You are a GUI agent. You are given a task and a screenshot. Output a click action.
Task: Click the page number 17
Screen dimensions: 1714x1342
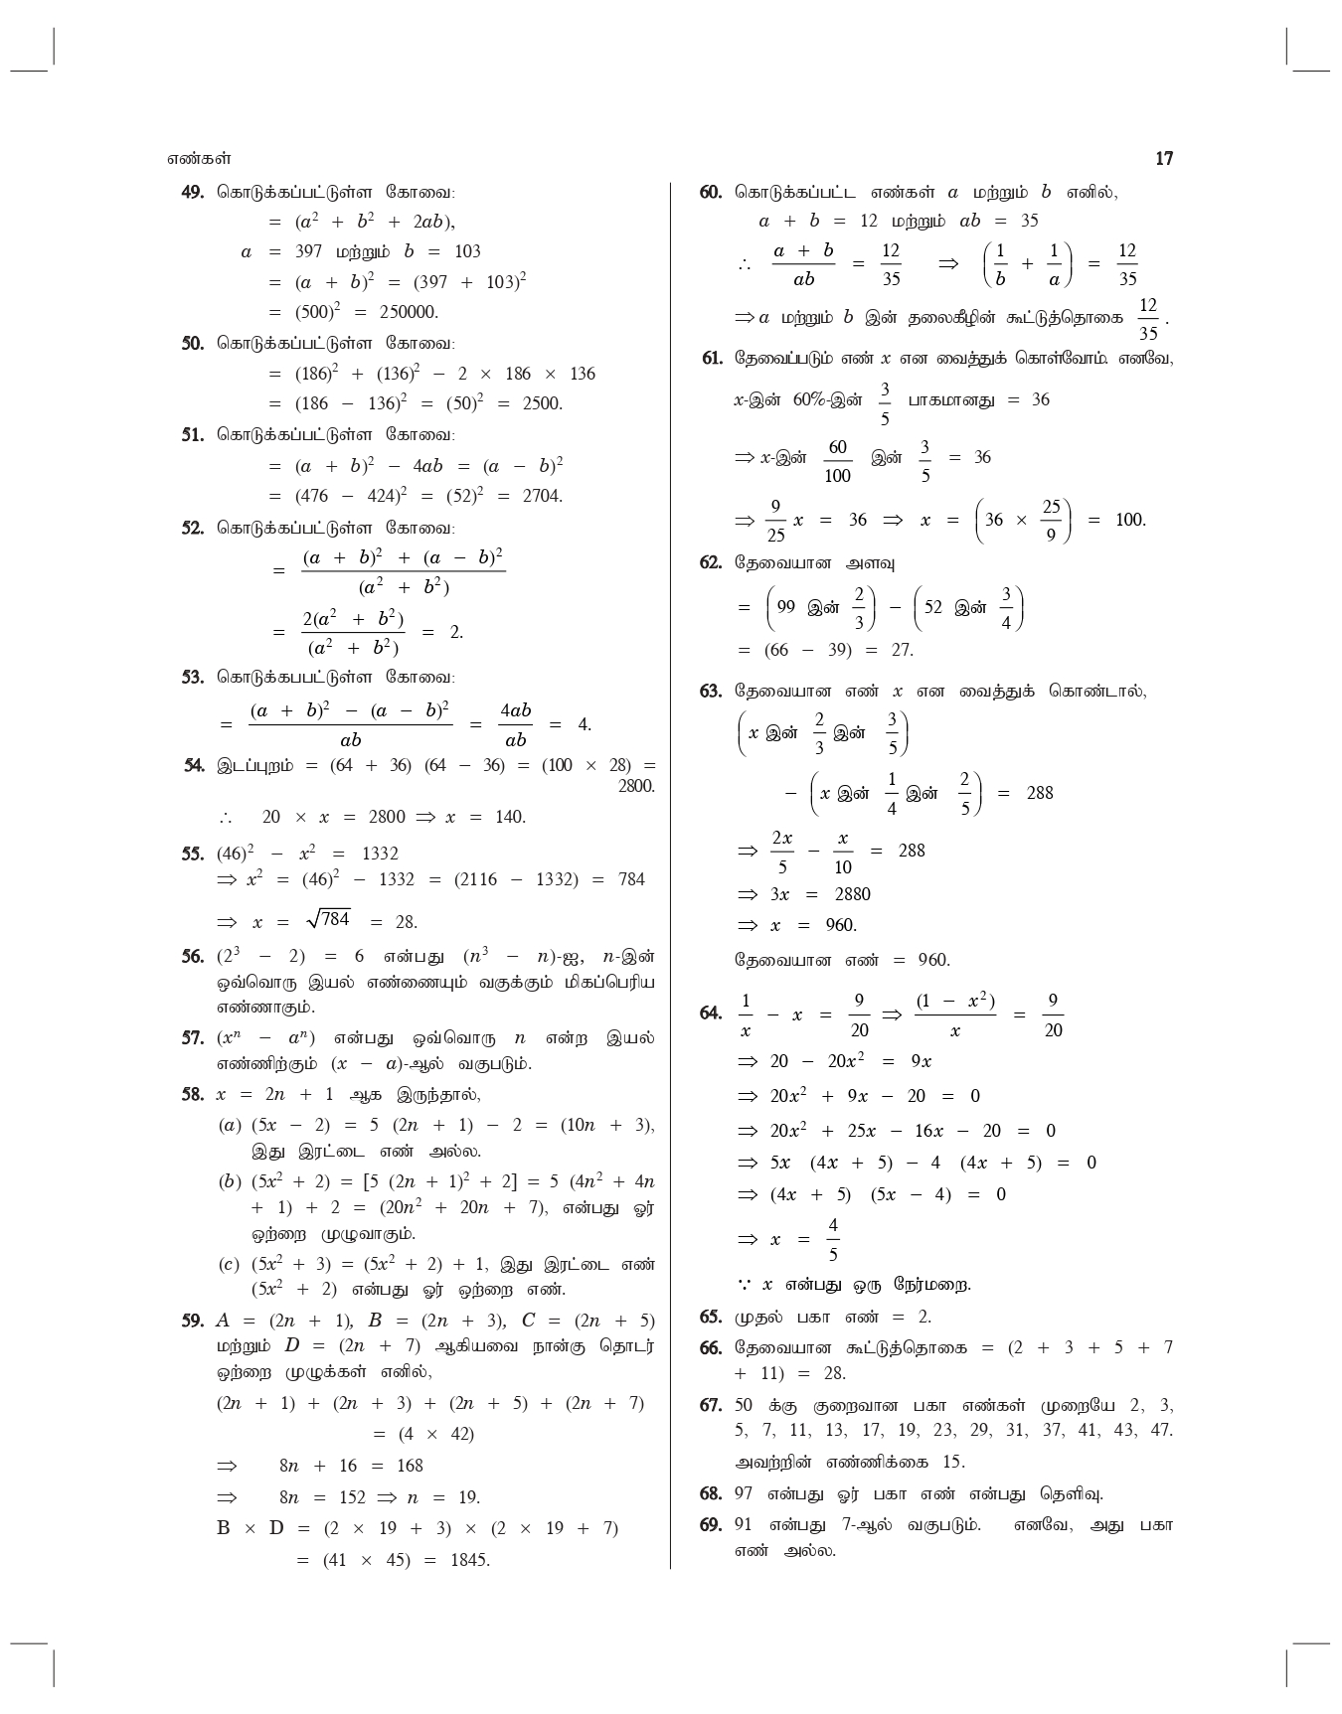click(x=1164, y=159)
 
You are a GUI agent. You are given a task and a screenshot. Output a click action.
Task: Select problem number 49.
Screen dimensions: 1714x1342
click(x=192, y=192)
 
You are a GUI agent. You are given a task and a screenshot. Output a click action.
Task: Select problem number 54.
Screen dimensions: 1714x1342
click(x=194, y=765)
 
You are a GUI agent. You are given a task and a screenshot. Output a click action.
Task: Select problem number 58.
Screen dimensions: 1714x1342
click(x=192, y=1095)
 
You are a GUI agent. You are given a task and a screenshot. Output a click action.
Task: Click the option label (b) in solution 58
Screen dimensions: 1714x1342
click(x=230, y=1181)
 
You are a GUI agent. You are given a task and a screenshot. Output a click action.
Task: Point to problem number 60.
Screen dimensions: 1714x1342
click(x=710, y=192)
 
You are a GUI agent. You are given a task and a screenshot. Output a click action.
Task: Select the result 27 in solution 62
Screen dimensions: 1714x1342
click(x=901, y=650)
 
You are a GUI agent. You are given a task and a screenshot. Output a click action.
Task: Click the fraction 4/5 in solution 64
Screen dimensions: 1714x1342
click(x=833, y=1240)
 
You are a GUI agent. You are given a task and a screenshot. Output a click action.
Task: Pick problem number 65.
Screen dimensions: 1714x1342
click(x=710, y=1318)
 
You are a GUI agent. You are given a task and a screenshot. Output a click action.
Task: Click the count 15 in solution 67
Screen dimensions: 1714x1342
click(x=953, y=1462)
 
